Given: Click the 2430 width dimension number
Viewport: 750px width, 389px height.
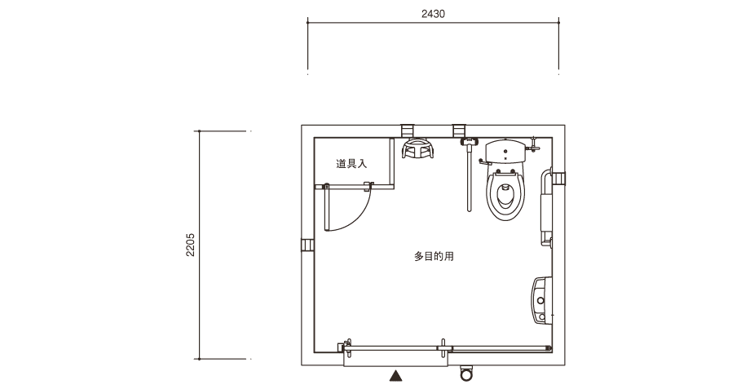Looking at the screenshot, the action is pyautogui.click(x=433, y=14).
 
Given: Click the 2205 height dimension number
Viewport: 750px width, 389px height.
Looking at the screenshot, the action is pyautogui.click(x=191, y=245).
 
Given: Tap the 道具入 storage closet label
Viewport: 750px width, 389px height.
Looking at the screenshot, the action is pyautogui.click(x=351, y=164).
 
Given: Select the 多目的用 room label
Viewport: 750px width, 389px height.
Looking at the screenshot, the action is pyautogui.click(x=434, y=256).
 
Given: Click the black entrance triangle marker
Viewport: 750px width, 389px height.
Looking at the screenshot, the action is pyautogui.click(x=395, y=376).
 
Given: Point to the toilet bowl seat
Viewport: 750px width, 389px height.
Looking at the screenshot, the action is pyautogui.click(x=505, y=195).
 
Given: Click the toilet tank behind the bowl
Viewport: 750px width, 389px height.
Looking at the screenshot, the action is pyautogui.click(x=505, y=151).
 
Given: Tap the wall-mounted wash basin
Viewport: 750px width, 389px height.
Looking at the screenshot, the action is pyautogui.click(x=541, y=300).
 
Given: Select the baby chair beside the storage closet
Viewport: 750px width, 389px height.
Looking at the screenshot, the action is pyautogui.click(x=417, y=148).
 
